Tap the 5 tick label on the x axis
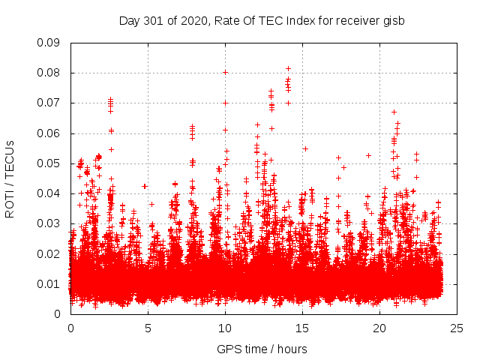coord(148,328)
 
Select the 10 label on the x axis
coord(225,328)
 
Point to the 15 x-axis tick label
coord(302,328)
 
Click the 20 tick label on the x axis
coord(379,328)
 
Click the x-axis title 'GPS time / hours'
coord(262,349)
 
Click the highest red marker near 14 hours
coord(288,68)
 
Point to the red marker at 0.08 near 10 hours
coord(225,72)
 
